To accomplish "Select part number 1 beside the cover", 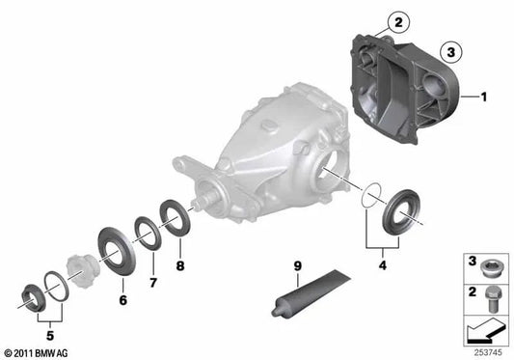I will point(485,97).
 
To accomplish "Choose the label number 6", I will point(123,300).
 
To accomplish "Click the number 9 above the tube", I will point(297,265).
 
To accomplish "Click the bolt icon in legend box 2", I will point(488,293).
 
